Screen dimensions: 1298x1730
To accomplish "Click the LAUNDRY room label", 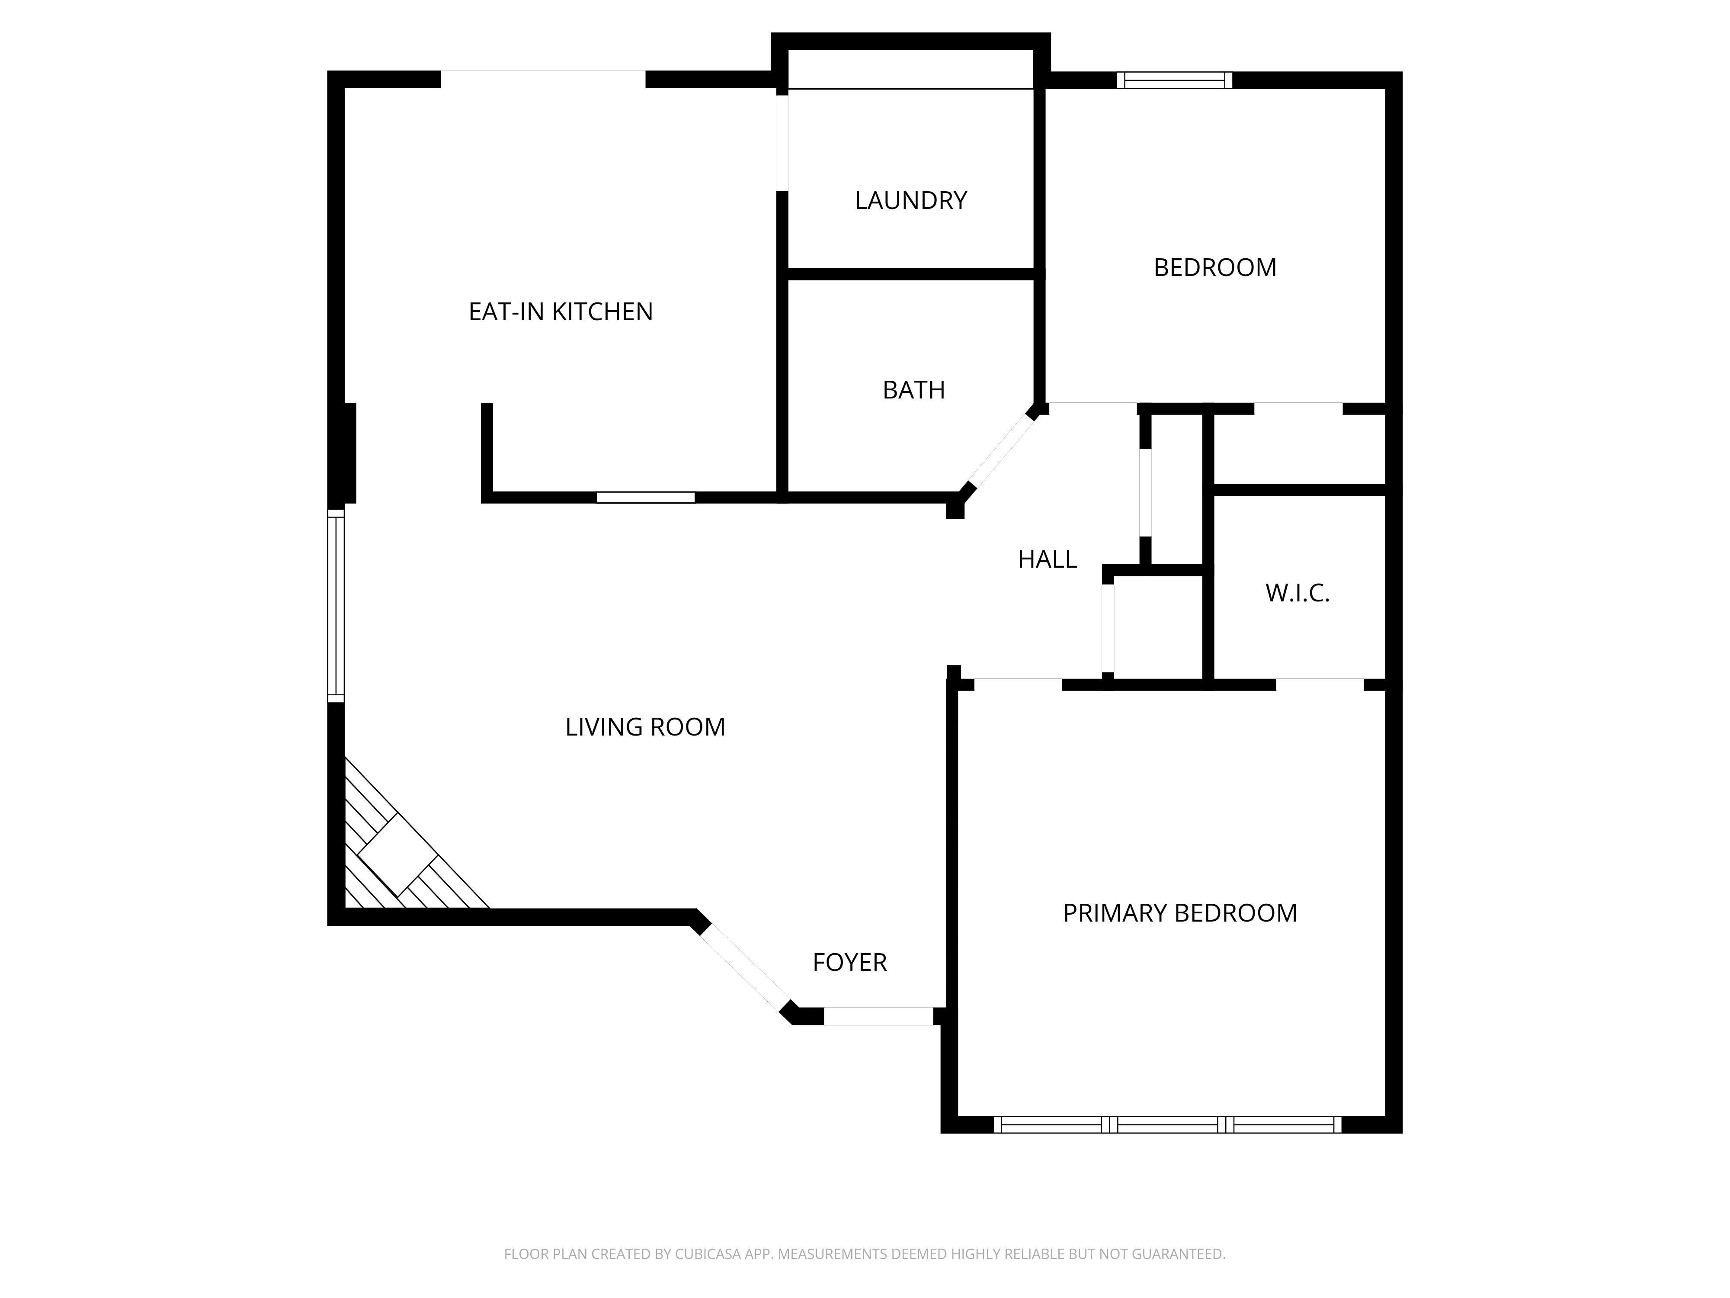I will (x=910, y=200).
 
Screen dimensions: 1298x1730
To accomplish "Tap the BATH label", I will (x=913, y=390).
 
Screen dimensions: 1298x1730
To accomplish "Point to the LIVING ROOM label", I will (x=645, y=727).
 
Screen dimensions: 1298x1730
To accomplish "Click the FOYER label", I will (x=849, y=962).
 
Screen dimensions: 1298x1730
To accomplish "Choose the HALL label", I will (x=1047, y=559).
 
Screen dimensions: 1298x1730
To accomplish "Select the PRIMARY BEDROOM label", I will (x=1179, y=913).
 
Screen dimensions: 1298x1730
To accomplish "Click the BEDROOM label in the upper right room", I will (x=1214, y=267).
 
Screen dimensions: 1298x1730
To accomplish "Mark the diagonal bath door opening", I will (x=1002, y=450).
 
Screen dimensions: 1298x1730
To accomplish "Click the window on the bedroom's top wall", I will (x=1174, y=80).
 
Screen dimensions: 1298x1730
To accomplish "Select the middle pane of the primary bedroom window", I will (x=1167, y=1125).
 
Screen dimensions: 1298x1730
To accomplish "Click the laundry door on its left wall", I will (x=782, y=142).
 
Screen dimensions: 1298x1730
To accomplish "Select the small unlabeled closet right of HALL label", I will (x=1157, y=626).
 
